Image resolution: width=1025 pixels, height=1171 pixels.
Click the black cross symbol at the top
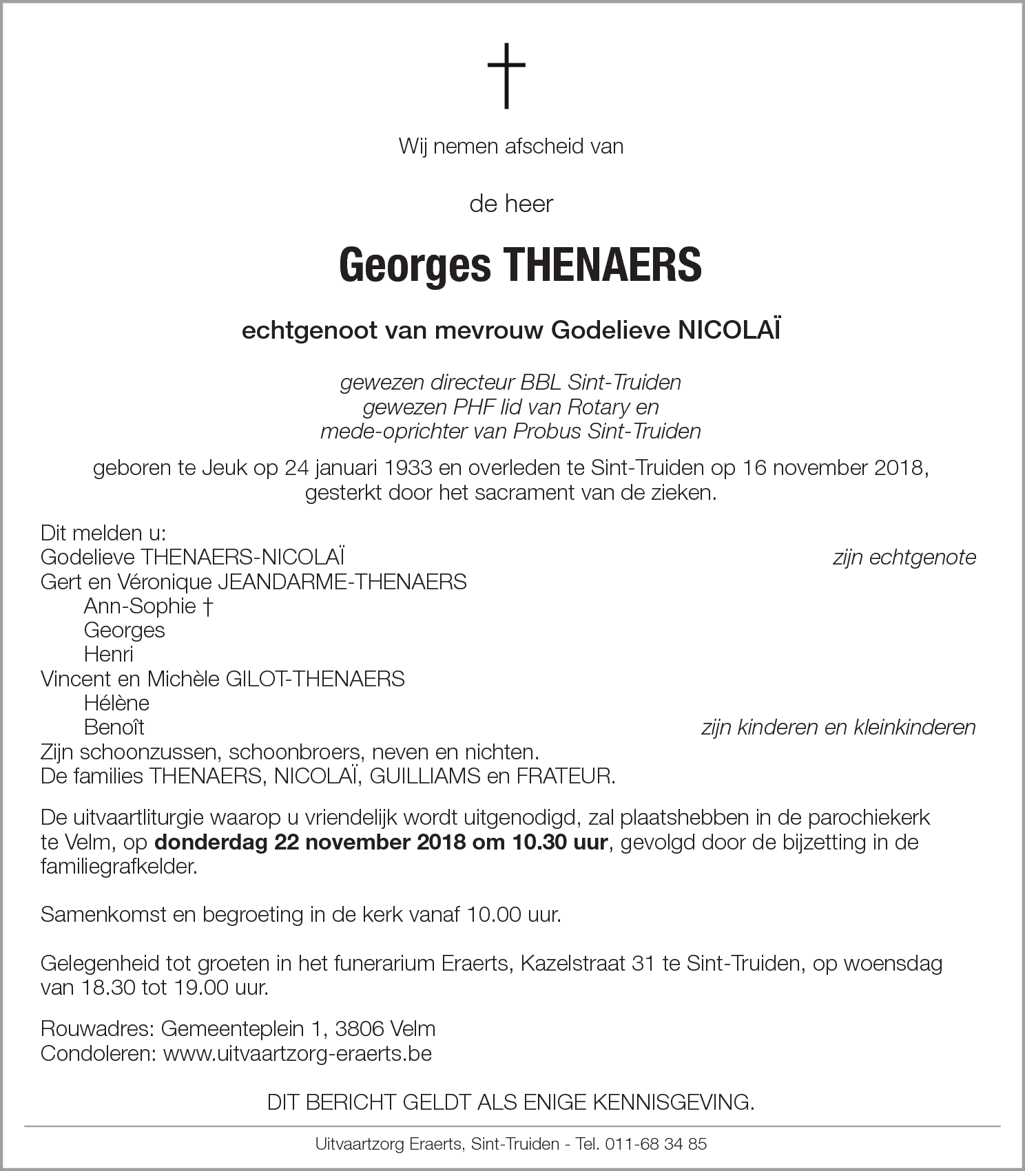506,76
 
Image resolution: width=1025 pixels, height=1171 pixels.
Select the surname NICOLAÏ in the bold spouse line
730,331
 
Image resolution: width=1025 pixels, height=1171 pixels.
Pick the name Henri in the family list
108,654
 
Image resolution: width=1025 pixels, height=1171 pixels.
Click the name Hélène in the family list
116,703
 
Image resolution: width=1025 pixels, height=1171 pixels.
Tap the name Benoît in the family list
114,727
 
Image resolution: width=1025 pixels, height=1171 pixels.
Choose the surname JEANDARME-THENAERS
342,582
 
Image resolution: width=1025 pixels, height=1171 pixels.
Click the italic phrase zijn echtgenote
904,557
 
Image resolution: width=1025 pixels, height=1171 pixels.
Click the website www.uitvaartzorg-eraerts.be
297,1053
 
